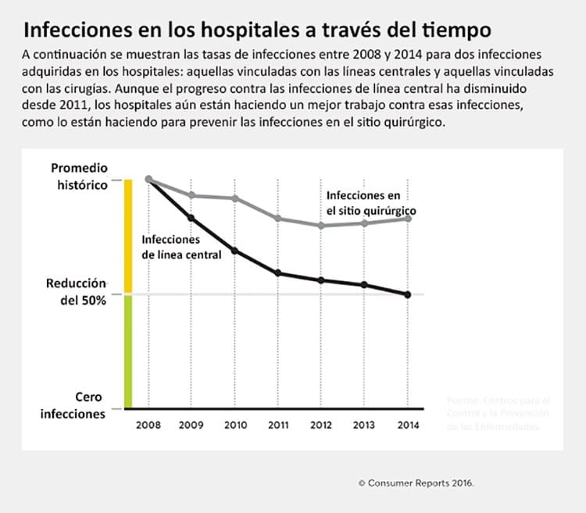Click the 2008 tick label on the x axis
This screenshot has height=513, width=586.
click(x=148, y=425)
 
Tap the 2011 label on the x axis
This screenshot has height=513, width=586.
click(x=278, y=425)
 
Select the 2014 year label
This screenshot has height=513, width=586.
click(x=408, y=425)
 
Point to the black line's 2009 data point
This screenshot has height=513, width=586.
click(x=192, y=218)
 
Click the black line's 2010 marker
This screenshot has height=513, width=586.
click(x=235, y=251)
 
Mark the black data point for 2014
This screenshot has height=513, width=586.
click(x=408, y=294)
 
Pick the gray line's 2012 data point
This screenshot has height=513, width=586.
click(x=321, y=226)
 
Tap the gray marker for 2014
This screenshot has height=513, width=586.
click(x=408, y=218)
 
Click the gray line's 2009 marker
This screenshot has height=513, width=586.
click(x=192, y=195)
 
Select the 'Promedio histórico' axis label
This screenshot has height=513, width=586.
click(x=80, y=176)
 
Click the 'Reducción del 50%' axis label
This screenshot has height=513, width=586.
click(x=77, y=291)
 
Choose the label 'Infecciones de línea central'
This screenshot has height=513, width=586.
click(x=180, y=247)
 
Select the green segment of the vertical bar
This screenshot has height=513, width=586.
click(x=129, y=351)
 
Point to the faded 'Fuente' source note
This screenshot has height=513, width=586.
click(x=498, y=412)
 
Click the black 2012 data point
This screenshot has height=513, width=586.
click(x=321, y=280)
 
